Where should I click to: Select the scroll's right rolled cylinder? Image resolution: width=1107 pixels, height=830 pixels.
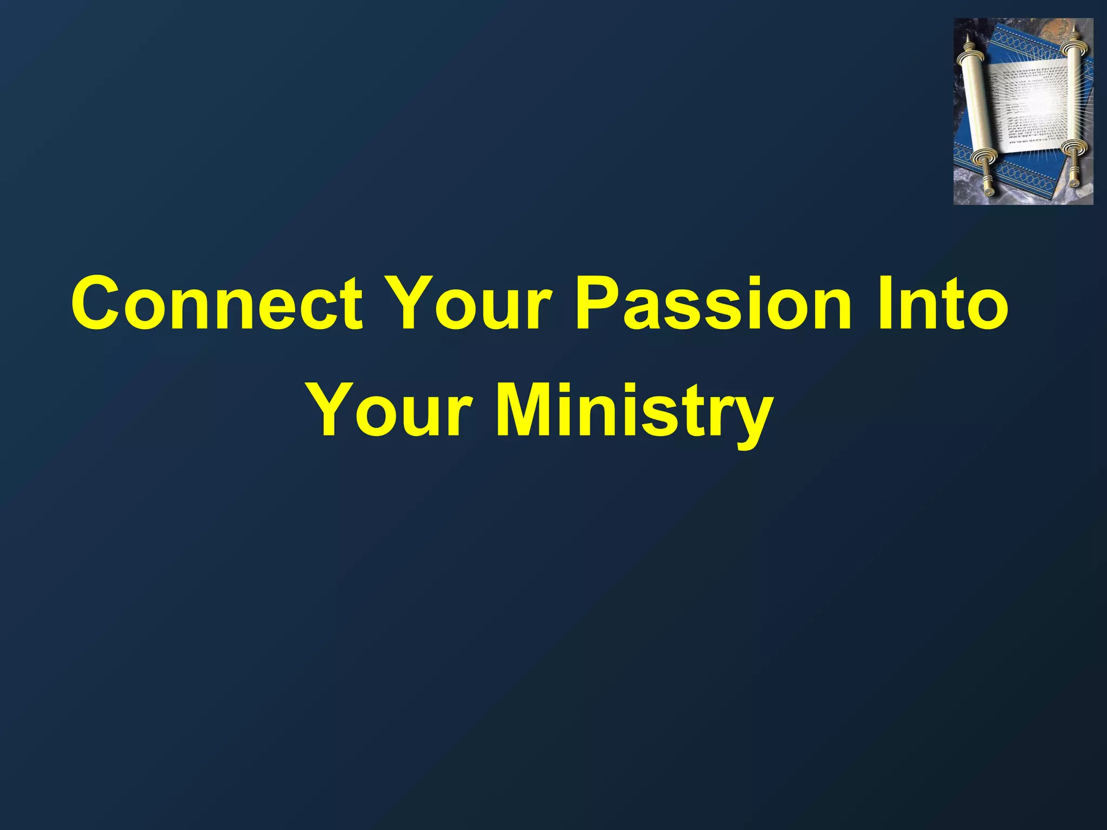[1073, 86]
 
